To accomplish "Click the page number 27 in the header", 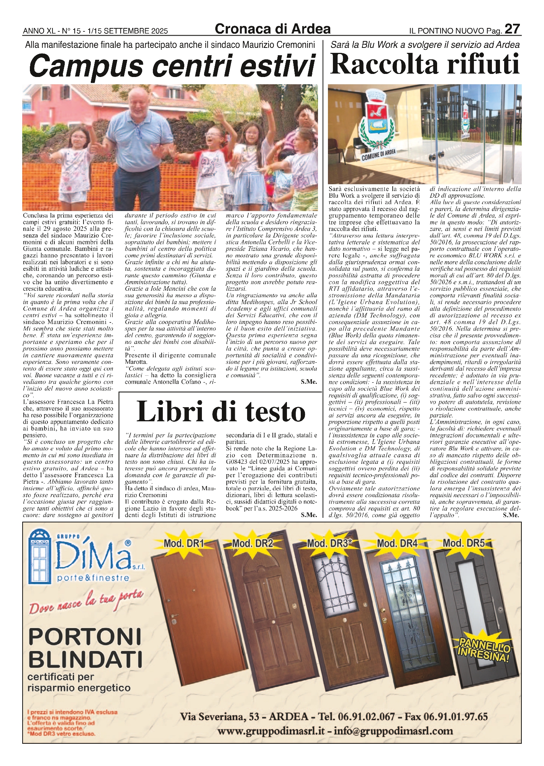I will [x=512, y=29].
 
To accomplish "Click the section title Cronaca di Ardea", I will [x=273, y=29].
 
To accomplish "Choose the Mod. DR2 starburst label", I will [x=252, y=543].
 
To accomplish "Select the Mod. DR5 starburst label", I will [x=464, y=543].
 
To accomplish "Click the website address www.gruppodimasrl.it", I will [x=272, y=731].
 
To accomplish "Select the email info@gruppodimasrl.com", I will [x=393, y=731].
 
